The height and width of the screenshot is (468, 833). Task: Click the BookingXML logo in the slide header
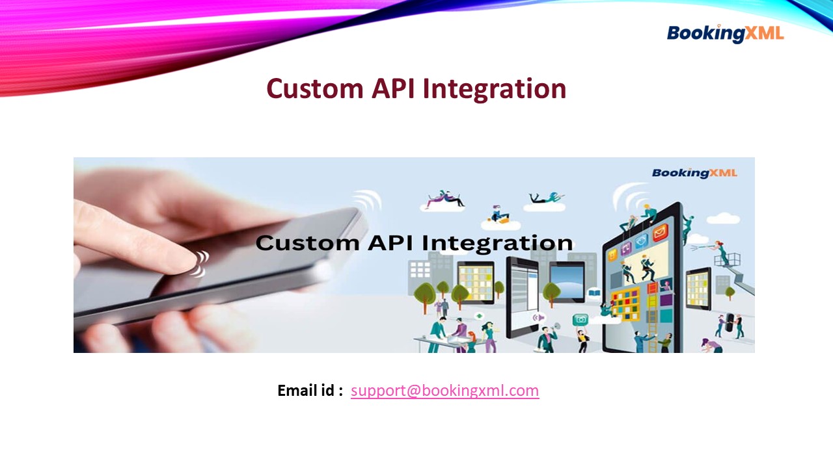point(725,33)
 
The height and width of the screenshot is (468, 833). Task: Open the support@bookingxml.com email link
point(444,391)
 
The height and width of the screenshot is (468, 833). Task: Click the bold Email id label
point(310,391)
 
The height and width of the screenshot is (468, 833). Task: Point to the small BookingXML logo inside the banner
point(694,173)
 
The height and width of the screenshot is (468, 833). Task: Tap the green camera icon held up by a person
point(580,319)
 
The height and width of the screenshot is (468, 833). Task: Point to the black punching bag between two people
point(730,322)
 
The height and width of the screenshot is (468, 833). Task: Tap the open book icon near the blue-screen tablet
point(594,294)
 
